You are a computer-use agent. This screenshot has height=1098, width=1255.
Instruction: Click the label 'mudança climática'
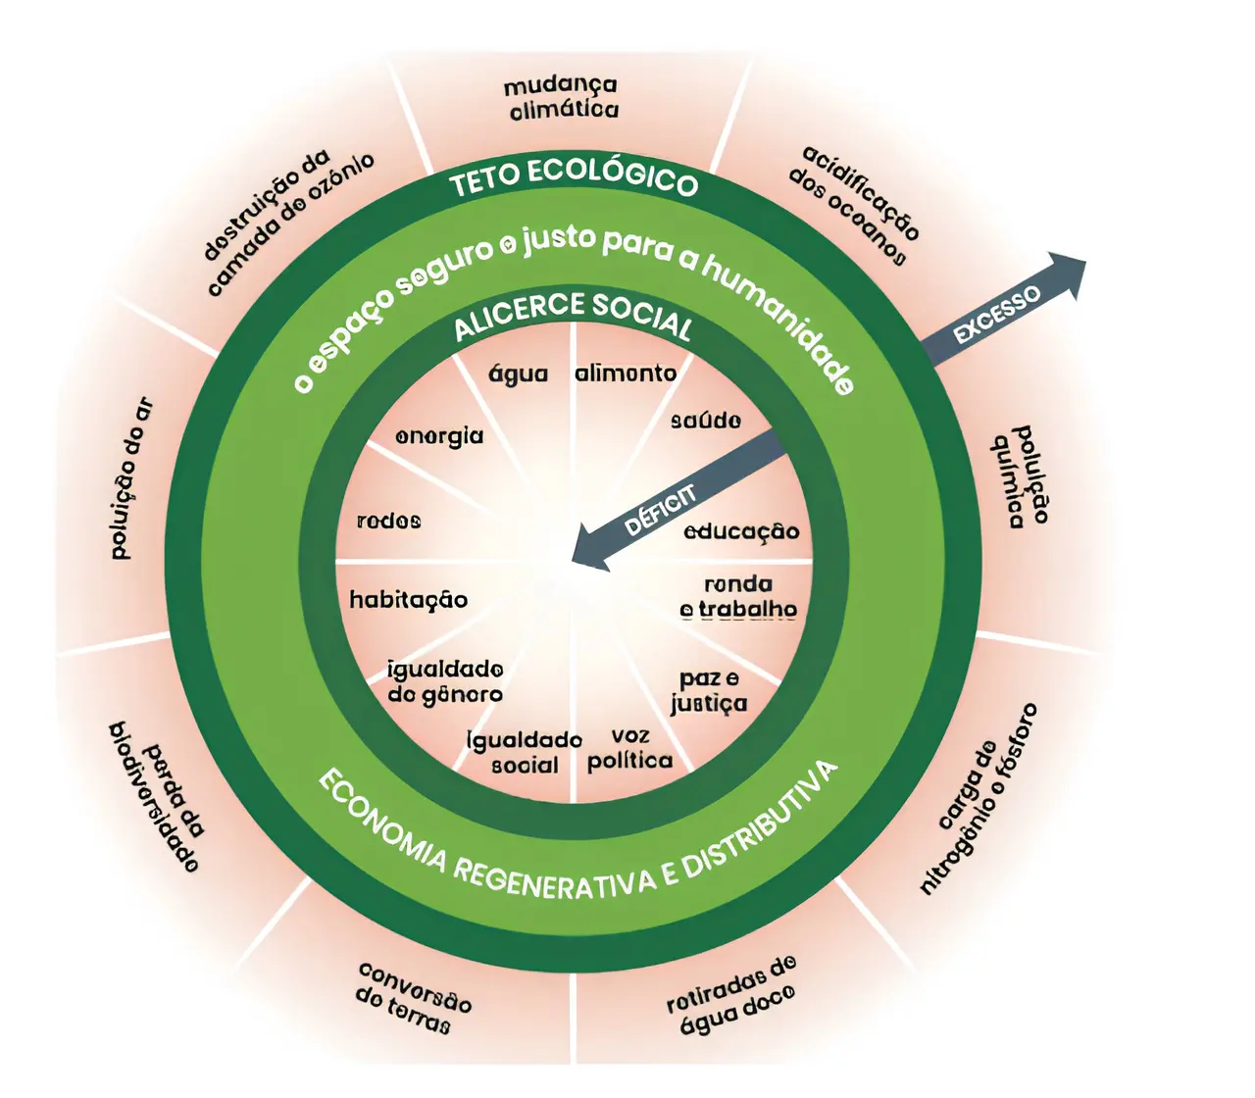pyautogui.click(x=562, y=98)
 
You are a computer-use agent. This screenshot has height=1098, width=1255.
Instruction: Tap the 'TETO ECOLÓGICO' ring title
pyautogui.click(x=574, y=178)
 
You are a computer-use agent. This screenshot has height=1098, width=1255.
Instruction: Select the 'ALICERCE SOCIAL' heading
pyautogui.click(x=574, y=316)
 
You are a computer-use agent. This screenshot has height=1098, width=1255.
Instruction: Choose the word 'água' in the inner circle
pyautogui.click(x=518, y=374)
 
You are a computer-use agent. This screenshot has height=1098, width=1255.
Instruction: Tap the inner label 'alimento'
pyautogui.click(x=626, y=373)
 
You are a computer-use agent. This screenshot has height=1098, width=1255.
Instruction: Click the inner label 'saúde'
pyautogui.click(x=706, y=421)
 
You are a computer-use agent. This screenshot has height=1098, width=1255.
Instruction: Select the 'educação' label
pyautogui.click(x=741, y=531)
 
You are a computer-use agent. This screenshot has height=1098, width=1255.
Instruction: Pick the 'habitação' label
pyautogui.click(x=408, y=599)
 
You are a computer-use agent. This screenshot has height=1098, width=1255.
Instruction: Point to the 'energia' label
pyautogui.click(x=439, y=435)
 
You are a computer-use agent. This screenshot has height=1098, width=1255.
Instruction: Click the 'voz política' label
pyautogui.click(x=630, y=748)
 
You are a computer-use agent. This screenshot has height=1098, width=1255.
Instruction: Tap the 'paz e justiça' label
pyautogui.click(x=709, y=691)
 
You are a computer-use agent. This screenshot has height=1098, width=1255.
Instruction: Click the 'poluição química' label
pyautogui.click(x=1020, y=476)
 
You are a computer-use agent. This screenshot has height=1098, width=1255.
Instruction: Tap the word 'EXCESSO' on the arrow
pyautogui.click(x=997, y=315)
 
